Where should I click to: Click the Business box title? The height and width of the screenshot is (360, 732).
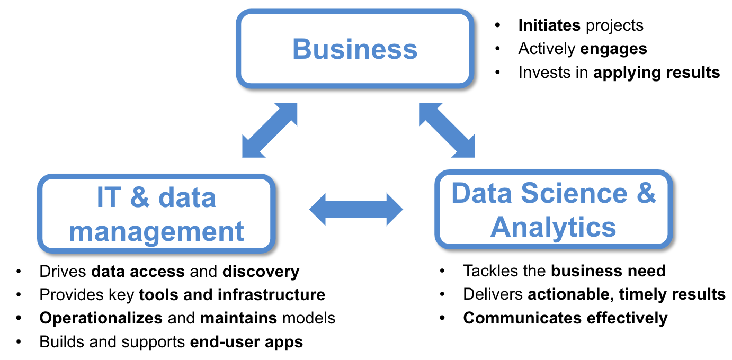click(x=355, y=49)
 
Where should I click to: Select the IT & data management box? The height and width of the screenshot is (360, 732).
click(x=156, y=214)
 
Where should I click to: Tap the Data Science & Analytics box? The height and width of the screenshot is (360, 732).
click(x=554, y=210)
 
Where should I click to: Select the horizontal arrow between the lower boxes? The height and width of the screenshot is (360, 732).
click(x=356, y=210)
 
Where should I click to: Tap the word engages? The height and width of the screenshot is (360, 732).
click(x=613, y=49)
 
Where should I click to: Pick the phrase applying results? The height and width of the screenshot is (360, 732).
click(x=656, y=73)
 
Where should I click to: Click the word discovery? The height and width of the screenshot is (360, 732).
click(x=261, y=272)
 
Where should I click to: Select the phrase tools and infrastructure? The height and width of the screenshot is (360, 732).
click(x=232, y=294)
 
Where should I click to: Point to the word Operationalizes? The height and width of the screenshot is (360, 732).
click(x=101, y=318)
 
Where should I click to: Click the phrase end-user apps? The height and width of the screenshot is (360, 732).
click(x=246, y=342)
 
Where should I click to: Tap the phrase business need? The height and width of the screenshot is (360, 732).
click(x=608, y=271)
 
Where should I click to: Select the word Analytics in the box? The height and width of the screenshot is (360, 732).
click(x=554, y=227)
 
